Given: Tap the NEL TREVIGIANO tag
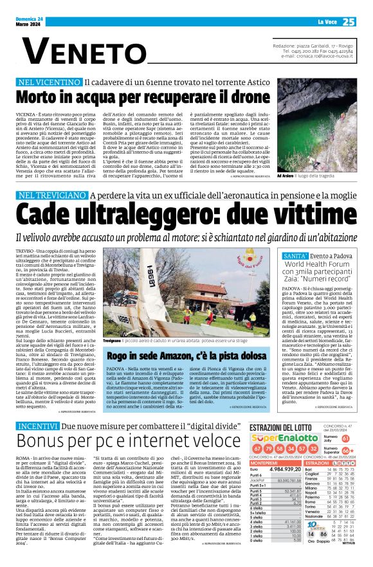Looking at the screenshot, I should [52, 195].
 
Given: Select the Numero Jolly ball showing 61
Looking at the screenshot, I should [345, 420].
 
